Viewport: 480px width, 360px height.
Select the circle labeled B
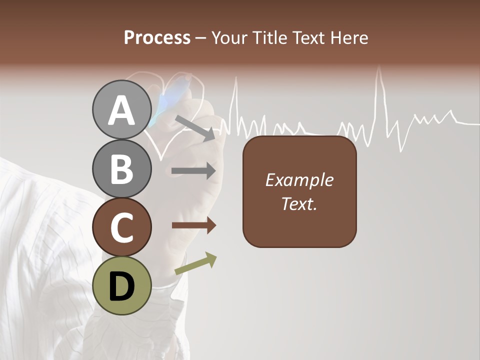tap(121, 169)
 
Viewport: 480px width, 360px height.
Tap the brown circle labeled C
tap(121, 227)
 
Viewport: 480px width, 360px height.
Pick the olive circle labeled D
tap(121, 286)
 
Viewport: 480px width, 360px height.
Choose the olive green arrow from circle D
tap(195, 264)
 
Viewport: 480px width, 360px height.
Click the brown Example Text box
tap(299, 191)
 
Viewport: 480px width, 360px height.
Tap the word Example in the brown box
tap(299, 180)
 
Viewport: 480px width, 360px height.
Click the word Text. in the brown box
tap(299, 203)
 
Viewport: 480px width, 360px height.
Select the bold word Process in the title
tap(157, 37)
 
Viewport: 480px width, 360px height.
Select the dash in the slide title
tap(201, 38)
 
